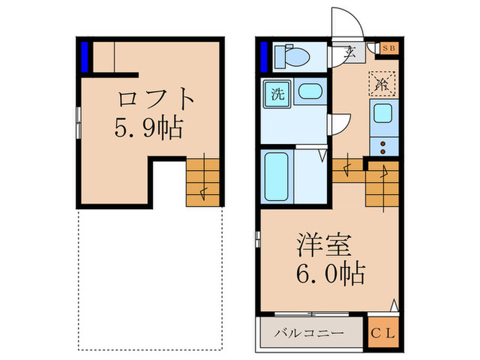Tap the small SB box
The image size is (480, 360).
click(x=389, y=48)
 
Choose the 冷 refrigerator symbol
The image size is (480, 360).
click(x=381, y=84)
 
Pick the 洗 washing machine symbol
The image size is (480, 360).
click(x=278, y=94)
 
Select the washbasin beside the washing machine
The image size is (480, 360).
click(x=309, y=93)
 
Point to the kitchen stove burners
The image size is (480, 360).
click(x=381, y=144)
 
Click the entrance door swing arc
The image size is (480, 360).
click(x=347, y=24)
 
